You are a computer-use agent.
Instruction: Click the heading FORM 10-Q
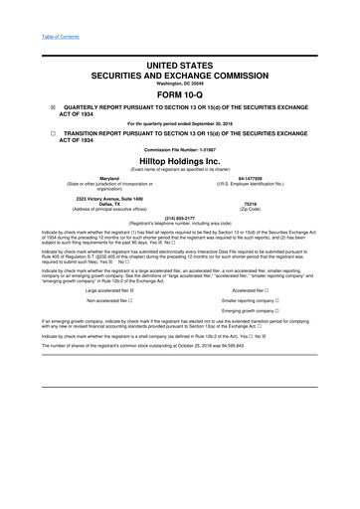point(179,95)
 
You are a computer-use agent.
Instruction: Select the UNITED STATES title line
point(179,65)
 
